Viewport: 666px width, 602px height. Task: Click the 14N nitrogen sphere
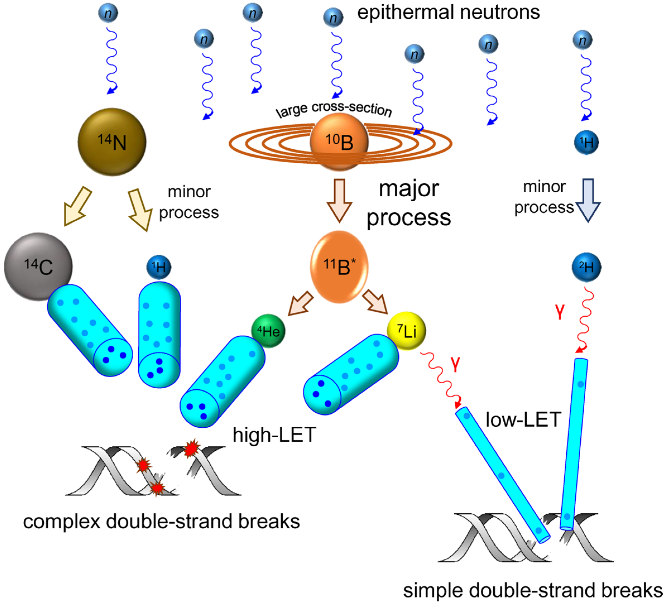pos(112,142)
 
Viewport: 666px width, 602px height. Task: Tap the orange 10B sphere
pos(339,142)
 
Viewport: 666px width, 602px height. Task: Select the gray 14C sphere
pos(38,267)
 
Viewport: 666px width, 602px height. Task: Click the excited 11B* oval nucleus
pos(339,267)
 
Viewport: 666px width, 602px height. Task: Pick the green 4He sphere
pos(268,331)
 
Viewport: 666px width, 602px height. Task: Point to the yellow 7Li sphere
pos(406,331)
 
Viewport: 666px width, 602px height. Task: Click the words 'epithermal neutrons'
pos(448,13)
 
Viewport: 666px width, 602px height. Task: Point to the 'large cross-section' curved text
pos(334,109)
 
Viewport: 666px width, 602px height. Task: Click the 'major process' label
pos(409,203)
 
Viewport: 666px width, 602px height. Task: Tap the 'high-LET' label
pos(274,435)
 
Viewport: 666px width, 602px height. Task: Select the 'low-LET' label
pos(523,420)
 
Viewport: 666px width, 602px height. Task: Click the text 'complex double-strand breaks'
pos(161,521)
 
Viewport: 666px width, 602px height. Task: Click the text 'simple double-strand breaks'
pos(533,590)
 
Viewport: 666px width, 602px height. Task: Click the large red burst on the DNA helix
pos(191,448)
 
